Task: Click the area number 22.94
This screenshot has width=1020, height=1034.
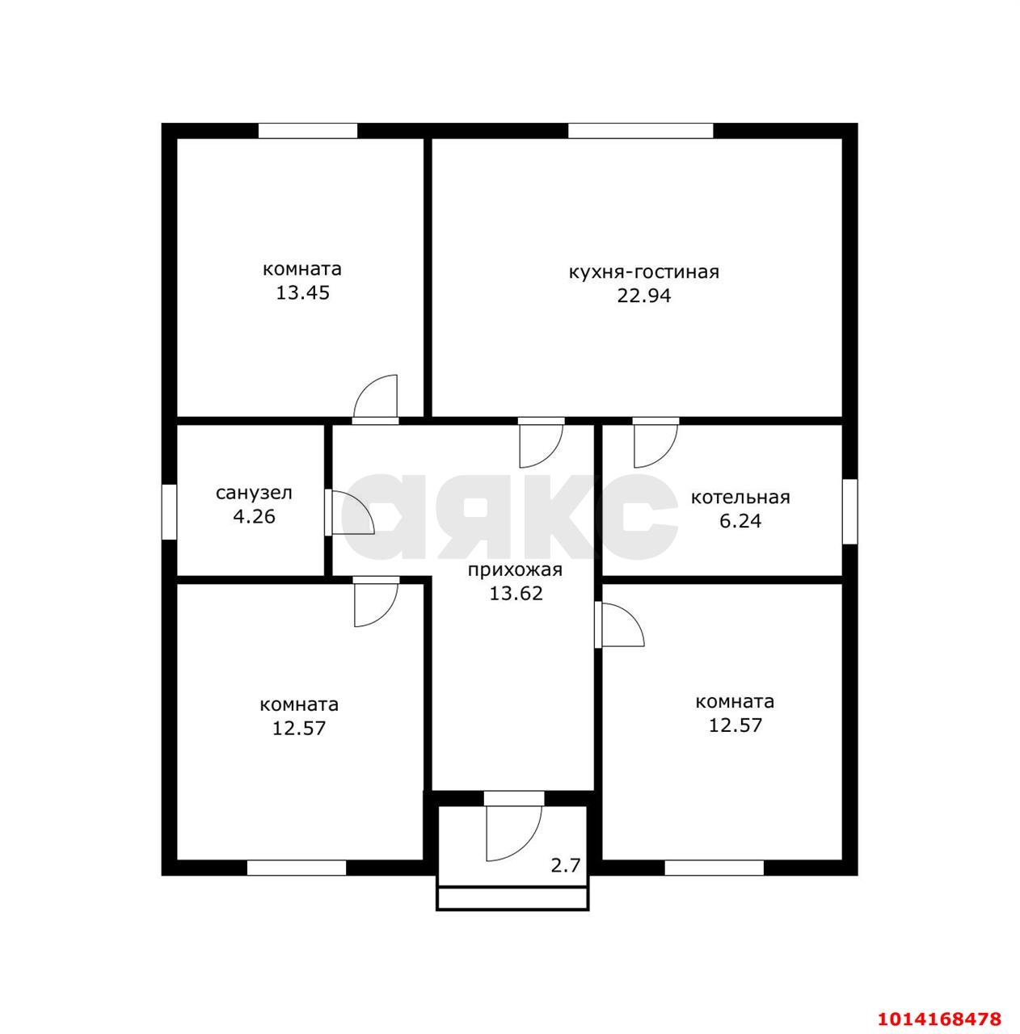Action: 643,296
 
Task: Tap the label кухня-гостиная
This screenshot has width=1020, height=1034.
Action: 643,272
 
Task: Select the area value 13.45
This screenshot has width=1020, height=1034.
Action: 302,293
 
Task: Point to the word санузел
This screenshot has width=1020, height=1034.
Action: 254,493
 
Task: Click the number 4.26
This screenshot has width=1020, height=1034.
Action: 254,516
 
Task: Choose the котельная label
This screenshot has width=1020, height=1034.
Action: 740,498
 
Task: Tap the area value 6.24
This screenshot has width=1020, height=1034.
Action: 740,521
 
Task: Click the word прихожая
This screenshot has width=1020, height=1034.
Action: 515,570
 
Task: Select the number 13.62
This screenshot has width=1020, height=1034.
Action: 516,594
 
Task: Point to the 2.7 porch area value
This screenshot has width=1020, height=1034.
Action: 566,865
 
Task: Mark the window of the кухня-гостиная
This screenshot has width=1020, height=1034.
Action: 641,131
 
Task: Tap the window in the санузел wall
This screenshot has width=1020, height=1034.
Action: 169,511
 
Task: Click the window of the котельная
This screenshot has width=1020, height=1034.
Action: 849,511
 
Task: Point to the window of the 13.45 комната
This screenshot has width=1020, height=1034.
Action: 308,131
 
